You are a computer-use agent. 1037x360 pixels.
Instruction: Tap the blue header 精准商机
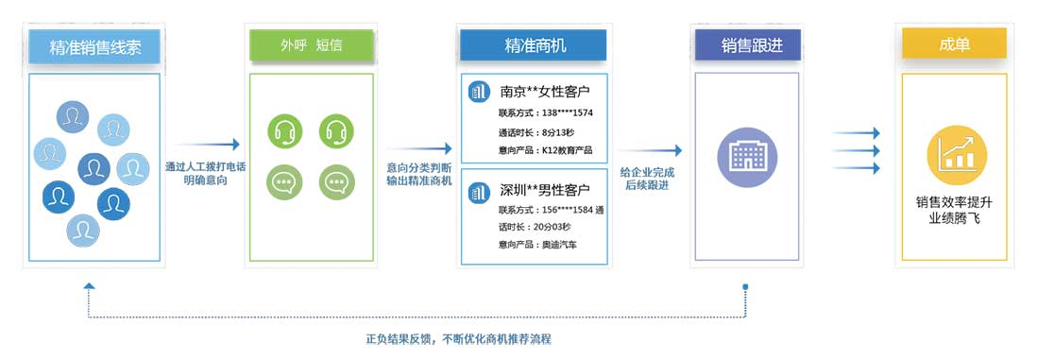pyautogui.click(x=534, y=45)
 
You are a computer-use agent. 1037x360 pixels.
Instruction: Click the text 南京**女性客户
pyautogui.click(x=545, y=92)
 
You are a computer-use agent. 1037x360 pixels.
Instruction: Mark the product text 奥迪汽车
pyautogui.click(x=558, y=245)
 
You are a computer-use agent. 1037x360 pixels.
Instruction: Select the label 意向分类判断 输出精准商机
pyautogui.click(x=418, y=174)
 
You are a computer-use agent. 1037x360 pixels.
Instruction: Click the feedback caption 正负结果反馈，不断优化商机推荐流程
pyautogui.click(x=458, y=338)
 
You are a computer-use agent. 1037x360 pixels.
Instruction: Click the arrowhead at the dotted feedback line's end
pyautogui.click(x=89, y=285)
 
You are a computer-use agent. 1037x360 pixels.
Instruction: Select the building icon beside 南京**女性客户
pyautogui.click(x=479, y=92)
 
